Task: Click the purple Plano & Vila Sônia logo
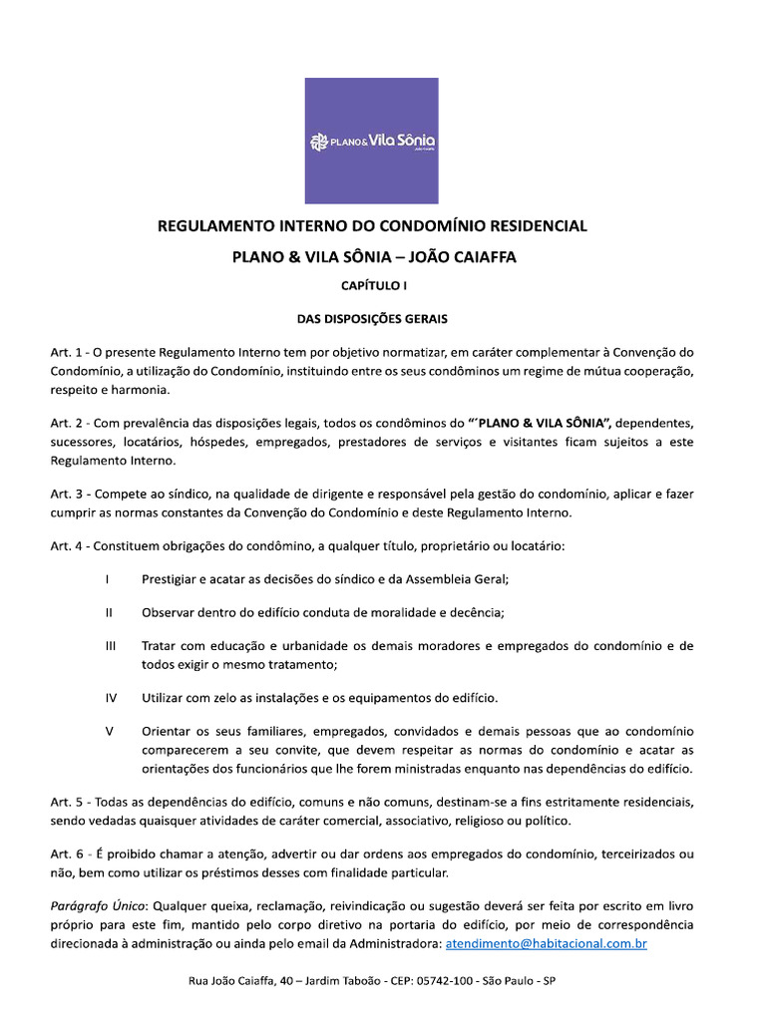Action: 372,141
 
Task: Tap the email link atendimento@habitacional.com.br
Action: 546,942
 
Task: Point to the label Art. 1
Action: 67,353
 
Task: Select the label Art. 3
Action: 67,495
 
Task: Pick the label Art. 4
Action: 67,547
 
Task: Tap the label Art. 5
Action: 67,802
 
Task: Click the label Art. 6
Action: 67,854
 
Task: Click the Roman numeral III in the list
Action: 110,646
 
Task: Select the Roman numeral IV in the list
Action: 111,697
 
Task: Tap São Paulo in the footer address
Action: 509,982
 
